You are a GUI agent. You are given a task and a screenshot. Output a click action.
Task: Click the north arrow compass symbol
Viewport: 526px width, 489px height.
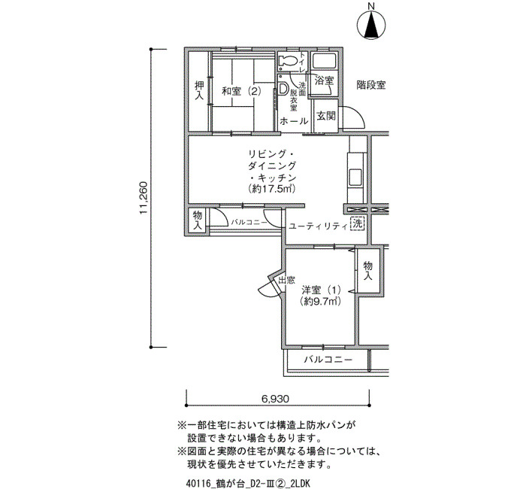coord(371,24)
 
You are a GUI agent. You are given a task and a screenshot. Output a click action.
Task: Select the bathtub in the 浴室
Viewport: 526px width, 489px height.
coord(324,61)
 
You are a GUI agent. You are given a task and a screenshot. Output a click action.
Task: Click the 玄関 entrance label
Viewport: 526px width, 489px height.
coord(325,116)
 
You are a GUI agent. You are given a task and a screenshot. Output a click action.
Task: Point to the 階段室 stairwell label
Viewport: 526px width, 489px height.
coord(370,85)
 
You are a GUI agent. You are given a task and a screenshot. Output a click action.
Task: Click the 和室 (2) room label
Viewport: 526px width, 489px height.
coord(241,91)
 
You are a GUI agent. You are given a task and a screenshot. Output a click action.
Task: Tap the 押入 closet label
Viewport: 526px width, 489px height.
coord(199,90)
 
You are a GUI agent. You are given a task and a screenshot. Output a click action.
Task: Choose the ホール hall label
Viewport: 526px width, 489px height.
coord(295,120)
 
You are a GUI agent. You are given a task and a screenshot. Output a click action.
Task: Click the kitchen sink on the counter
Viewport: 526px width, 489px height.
coord(355,176)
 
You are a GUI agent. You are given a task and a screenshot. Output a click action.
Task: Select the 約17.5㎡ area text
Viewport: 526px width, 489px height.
coord(272,189)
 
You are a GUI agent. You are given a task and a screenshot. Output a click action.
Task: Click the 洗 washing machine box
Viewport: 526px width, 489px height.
coord(357,223)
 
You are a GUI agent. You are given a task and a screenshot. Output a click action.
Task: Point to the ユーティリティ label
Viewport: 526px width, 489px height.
coord(317,226)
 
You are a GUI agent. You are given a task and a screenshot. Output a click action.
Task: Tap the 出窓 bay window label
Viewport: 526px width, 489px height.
coord(287,279)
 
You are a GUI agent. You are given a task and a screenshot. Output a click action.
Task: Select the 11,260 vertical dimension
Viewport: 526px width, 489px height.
coord(144,198)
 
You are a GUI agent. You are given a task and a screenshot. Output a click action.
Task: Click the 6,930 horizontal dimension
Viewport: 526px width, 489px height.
coord(275,399)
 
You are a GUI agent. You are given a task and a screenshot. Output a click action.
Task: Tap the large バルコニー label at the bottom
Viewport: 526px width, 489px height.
coord(328,360)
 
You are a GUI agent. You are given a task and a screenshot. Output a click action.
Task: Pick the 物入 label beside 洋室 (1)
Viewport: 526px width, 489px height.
coord(368,270)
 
